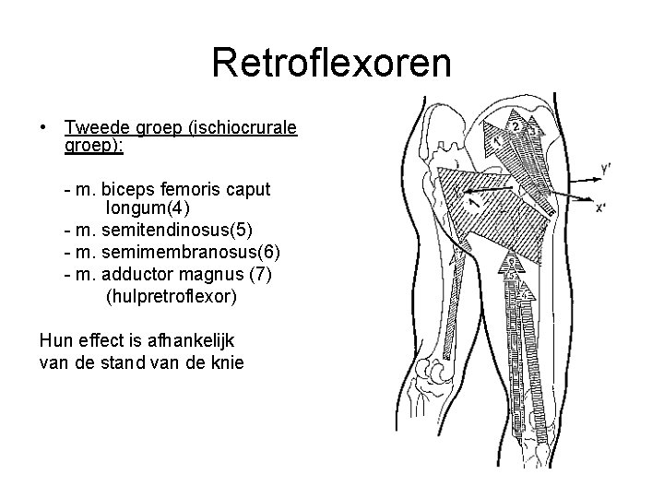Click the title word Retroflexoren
click(332, 64)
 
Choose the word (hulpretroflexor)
click(172, 297)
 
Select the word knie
click(226, 362)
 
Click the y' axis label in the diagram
click(605, 168)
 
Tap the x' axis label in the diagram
click(600, 207)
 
